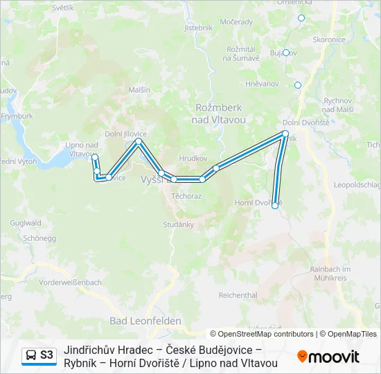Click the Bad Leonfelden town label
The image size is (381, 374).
pos(145,321)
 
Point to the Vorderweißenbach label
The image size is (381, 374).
pos(71,283)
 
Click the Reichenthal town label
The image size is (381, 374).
pos(238,295)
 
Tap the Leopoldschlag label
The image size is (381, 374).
pos(357,185)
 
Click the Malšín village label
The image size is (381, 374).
pos(139,90)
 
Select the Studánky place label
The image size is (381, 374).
pos(179,224)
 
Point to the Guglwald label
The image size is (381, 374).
pos(26,224)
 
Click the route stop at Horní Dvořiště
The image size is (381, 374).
pos(275,205)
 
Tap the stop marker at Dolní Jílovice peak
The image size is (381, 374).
pos(139,141)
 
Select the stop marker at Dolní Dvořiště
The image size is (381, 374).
pos(285,133)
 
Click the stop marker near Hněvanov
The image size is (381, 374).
pos(298,85)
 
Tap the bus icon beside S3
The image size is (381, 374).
pos(31,355)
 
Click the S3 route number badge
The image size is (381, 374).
pos(46,355)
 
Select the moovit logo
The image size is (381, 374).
pos(328,357)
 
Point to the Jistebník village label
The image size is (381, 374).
pos(198,28)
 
